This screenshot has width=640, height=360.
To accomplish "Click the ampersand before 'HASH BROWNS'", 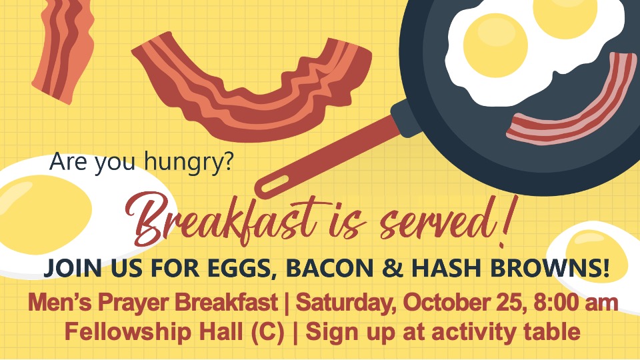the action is [x=392, y=267].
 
